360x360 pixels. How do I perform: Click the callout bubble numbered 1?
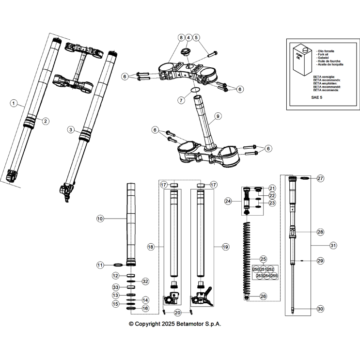14,103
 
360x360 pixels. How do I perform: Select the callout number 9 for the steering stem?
218,116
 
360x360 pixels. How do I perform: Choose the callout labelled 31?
333,246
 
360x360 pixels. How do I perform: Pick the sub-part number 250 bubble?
256,269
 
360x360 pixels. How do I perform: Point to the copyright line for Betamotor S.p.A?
174,324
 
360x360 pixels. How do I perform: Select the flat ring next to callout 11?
118,265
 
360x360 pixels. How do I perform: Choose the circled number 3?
71,130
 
